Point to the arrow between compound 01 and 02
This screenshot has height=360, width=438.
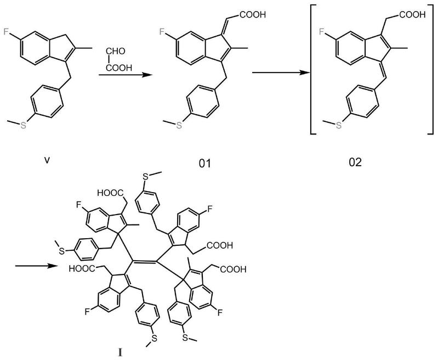pos(276,71)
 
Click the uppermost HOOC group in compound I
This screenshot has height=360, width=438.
pos(112,193)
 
